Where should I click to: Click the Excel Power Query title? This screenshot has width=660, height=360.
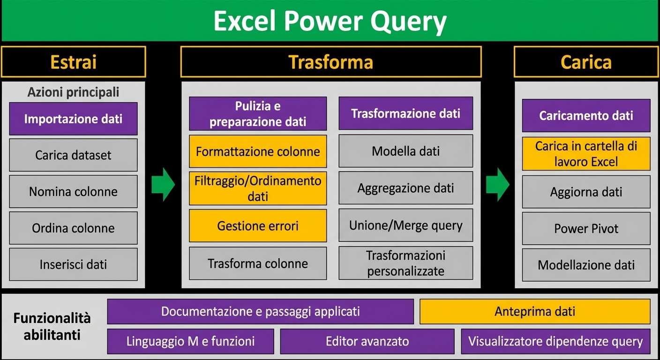[x=330, y=21]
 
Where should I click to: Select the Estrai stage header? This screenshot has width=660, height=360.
[x=73, y=62]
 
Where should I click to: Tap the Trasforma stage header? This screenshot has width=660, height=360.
[x=330, y=62]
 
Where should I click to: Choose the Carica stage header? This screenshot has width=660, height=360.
[x=586, y=62]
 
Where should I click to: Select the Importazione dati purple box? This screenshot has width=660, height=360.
[x=73, y=119]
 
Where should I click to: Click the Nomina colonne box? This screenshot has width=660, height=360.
[x=73, y=191]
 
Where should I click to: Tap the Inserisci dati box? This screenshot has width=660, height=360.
[x=73, y=264]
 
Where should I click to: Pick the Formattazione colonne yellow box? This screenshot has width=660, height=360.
[x=258, y=151]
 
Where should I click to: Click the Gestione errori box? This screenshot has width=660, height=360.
[x=258, y=225]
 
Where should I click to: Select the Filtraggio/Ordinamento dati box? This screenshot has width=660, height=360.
[x=258, y=188]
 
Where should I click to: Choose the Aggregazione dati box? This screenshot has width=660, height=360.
[x=405, y=188]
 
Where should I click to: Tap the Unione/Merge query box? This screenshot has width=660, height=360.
[x=405, y=225]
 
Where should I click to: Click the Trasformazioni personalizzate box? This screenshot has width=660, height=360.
[x=405, y=263]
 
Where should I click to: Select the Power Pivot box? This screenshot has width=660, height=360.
[x=586, y=228]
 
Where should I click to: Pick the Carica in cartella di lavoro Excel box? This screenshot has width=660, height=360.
[x=586, y=154]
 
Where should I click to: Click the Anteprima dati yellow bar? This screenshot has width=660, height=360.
[x=535, y=311]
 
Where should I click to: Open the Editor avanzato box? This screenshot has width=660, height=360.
[x=367, y=341]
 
